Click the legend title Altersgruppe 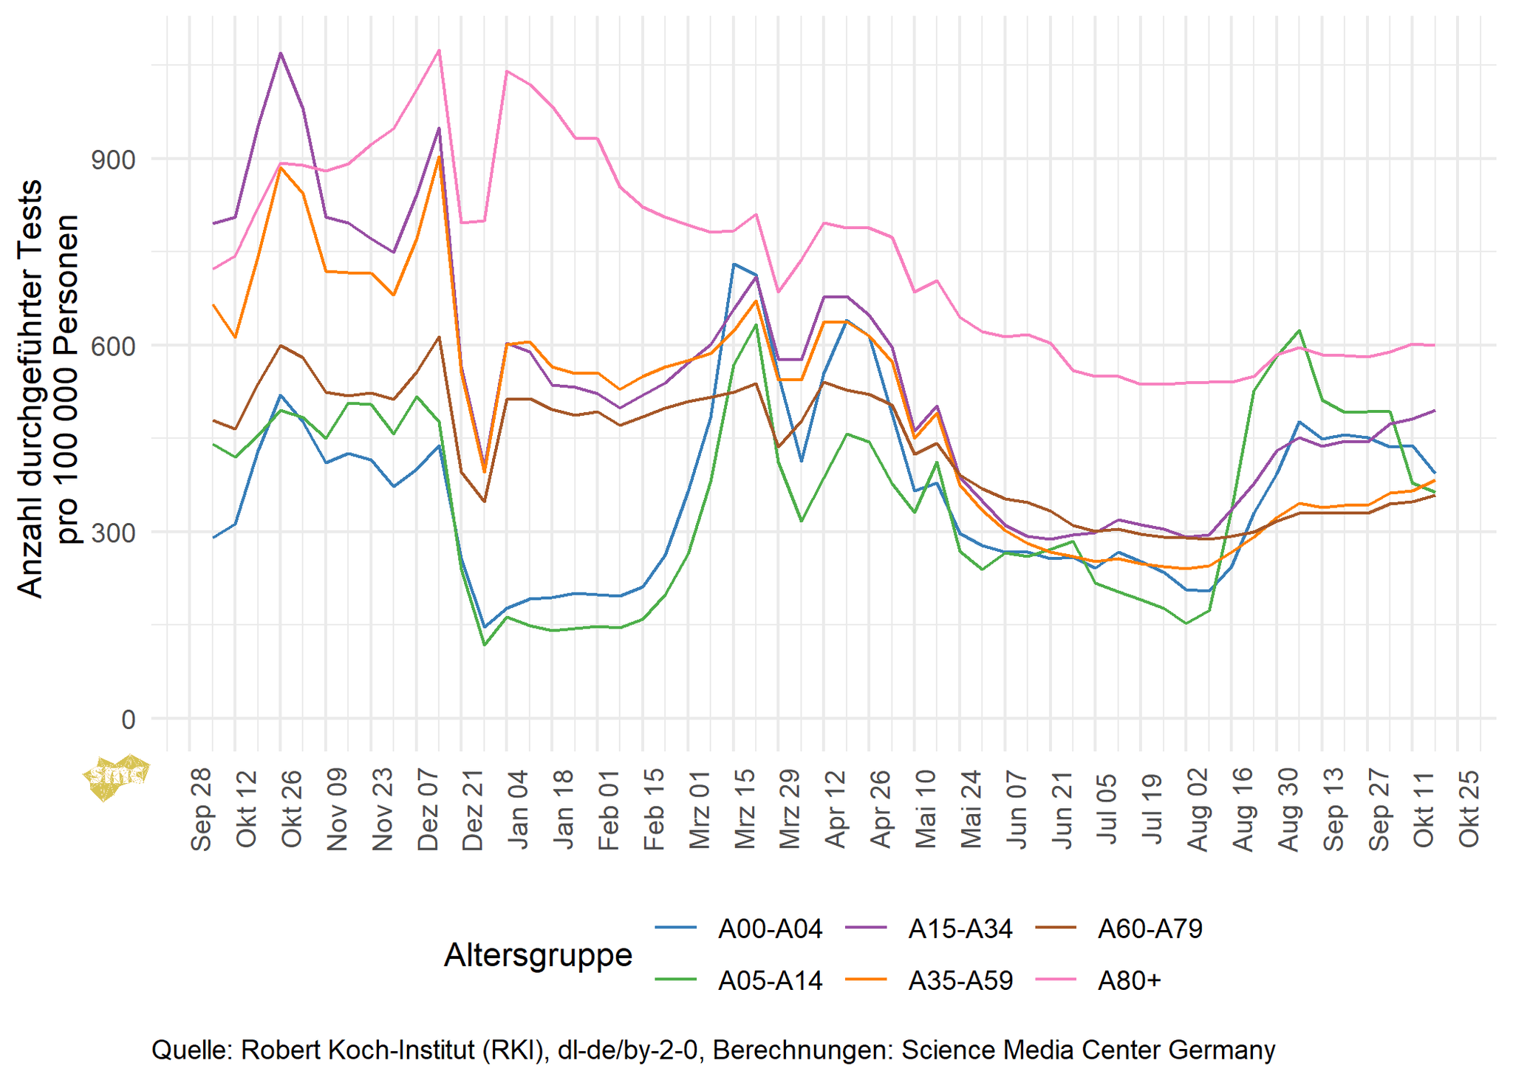(538, 955)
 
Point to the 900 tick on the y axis (113, 160)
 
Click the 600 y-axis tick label (113, 346)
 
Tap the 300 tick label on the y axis (113, 532)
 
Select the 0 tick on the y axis (129, 719)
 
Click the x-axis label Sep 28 (202, 810)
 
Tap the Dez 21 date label (473, 810)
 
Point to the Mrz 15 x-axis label (745, 810)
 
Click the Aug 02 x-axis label (1198, 810)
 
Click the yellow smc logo (116, 776)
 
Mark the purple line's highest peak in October (281, 53)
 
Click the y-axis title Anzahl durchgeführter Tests (31, 388)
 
